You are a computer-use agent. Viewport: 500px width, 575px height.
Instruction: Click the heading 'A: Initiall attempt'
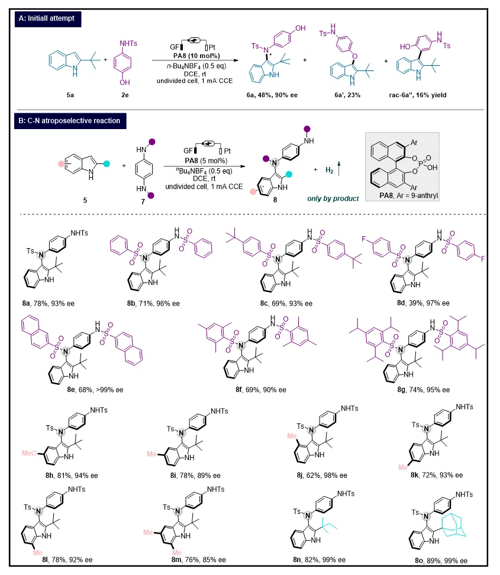(x=47, y=18)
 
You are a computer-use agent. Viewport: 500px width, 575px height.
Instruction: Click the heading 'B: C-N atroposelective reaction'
(x=70, y=121)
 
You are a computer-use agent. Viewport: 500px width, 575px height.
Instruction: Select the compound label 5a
(x=70, y=95)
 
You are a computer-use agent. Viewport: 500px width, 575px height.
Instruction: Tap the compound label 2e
(x=125, y=95)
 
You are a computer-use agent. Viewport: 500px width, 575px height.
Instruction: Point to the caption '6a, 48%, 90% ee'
(x=272, y=95)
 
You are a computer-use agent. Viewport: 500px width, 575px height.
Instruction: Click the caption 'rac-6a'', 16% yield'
(x=418, y=95)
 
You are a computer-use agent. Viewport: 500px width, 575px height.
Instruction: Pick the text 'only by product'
(x=333, y=198)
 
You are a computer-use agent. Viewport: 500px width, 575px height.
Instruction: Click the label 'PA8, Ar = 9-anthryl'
(x=408, y=195)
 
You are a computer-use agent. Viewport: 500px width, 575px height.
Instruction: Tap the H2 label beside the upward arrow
(x=330, y=170)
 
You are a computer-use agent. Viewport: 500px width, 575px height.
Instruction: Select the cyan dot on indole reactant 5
(x=107, y=164)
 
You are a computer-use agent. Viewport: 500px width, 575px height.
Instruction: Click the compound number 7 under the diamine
(x=143, y=202)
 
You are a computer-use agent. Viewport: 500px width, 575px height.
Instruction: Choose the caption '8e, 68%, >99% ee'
(x=95, y=390)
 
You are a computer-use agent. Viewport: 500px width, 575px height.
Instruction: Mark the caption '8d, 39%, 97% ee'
(x=423, y=303)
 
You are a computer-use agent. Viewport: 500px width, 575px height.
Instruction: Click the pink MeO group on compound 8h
(x=29, y=453)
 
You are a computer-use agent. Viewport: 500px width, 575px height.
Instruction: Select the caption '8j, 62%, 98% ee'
(x=322, y=476)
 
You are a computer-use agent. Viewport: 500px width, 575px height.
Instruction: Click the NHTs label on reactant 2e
(x=128, y=43)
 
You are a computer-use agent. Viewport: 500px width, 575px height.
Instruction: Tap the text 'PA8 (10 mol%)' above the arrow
(x=196, y=56)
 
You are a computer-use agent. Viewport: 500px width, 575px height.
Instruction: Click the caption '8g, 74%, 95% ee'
(x=424, y=390)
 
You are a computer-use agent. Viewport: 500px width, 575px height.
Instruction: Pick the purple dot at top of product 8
(x=307, y=129)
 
